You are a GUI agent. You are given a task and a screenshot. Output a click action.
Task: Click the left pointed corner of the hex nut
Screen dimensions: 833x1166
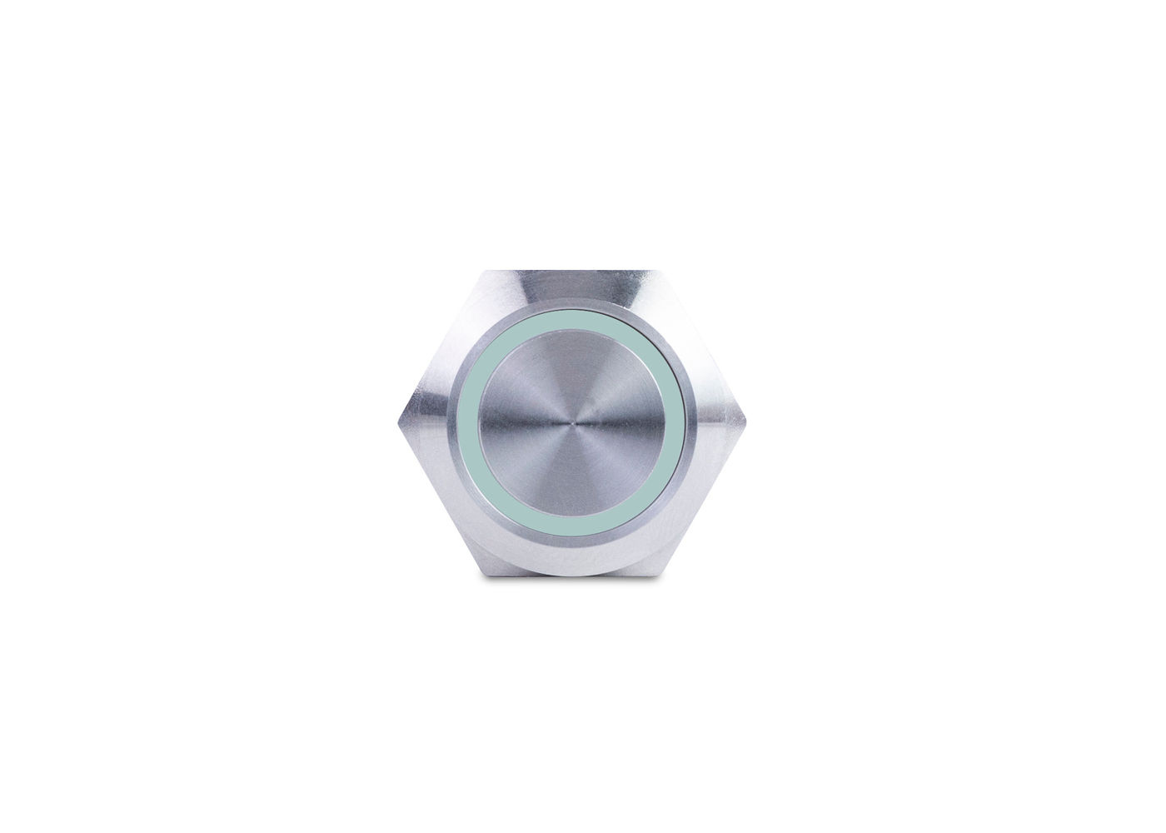[x=399, y=423]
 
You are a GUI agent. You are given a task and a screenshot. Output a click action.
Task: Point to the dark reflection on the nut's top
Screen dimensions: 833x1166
[x=575, y=287]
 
